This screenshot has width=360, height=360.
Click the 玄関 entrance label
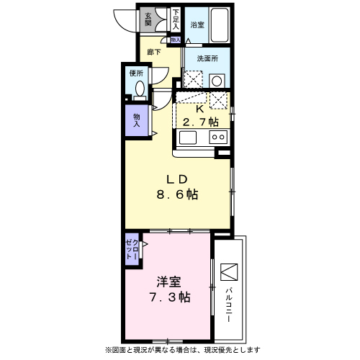click(x=148, y=19)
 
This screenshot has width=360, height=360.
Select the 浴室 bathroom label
click(x=197, y=24)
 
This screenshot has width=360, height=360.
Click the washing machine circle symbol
click(x=217, y=79)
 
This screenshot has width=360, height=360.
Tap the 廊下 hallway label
click(x=153, y=52)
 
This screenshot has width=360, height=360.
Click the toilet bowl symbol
click(x=139, y=91)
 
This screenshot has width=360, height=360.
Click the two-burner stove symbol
click(x=217, y=136)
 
